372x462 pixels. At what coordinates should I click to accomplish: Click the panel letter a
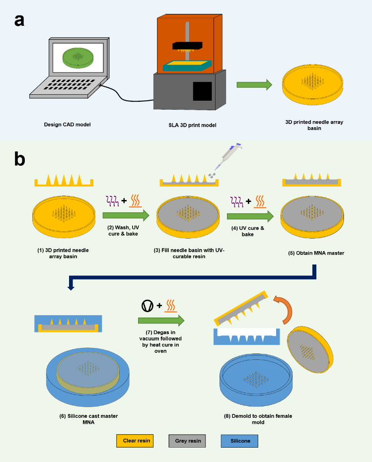point(19,21)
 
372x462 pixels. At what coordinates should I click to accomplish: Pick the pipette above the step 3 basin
point(225,158)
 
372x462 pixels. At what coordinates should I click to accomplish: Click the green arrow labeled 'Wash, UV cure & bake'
point(126,215)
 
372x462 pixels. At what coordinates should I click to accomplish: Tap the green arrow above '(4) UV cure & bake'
point(249,215)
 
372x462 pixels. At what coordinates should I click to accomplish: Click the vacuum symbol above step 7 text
point(148,306)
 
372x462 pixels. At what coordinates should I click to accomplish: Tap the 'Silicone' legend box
point(239,440)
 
